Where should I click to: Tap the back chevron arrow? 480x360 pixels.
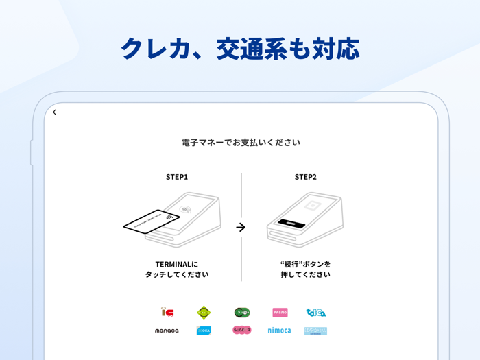[x=55, y=112]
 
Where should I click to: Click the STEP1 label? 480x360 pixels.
[x=177, y=177]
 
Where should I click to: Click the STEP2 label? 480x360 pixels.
[x=306, y=177]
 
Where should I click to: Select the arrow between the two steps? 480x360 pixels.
[x=241, y=227]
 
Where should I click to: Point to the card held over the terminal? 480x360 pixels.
[x=152, y=221]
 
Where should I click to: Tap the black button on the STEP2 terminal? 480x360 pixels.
[x=291, y=224]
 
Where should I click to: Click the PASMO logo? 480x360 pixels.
[x=280, y=313]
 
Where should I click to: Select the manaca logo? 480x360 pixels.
[x=167, y=331]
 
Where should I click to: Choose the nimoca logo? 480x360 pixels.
[x=279, y=331]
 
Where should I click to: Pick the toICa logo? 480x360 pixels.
[x=315, y=313]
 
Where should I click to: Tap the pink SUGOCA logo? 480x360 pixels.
[x=242, y=331]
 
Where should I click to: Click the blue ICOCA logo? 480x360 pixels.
[x=204, y=331]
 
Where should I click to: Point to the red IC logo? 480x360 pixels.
[x=167, y=313]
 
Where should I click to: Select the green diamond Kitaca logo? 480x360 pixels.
[x=204, y=313]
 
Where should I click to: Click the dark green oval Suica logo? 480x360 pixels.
[x=242, y=313]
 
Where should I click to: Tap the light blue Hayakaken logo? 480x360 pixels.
[x=315, y=331]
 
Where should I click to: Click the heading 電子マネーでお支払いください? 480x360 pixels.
[x=241, y=143]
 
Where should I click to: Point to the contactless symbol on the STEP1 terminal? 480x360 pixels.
[x=185, y=208]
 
